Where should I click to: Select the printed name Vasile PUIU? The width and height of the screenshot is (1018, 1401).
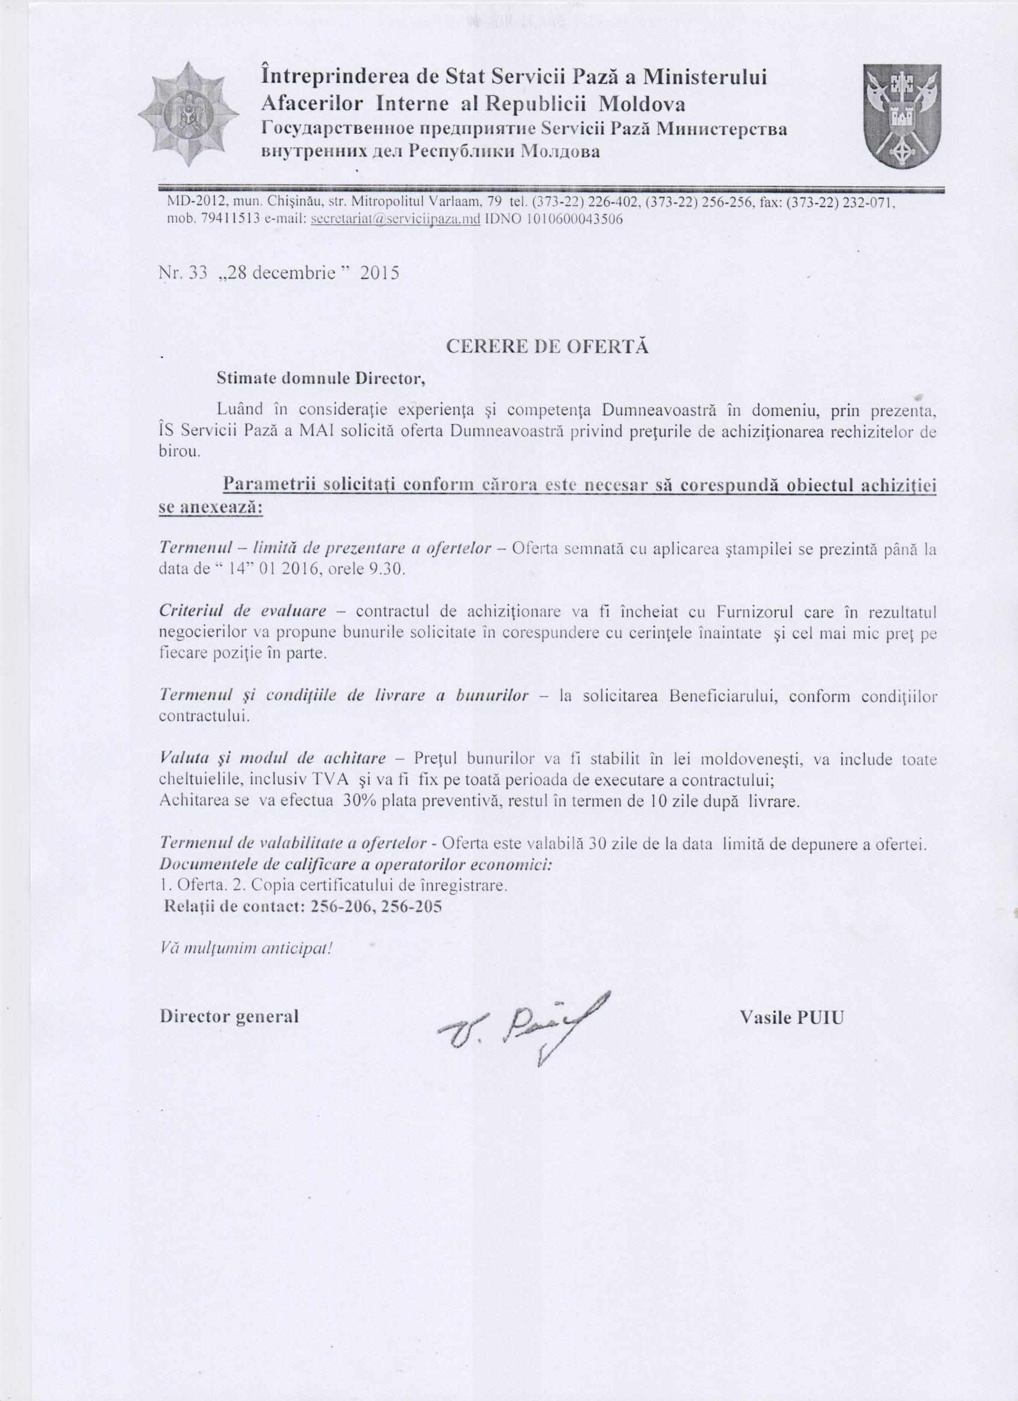[790, 1017]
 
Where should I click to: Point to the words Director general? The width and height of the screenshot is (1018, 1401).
[229, 1016]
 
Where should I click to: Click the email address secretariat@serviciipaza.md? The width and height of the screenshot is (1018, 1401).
[396, 220]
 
